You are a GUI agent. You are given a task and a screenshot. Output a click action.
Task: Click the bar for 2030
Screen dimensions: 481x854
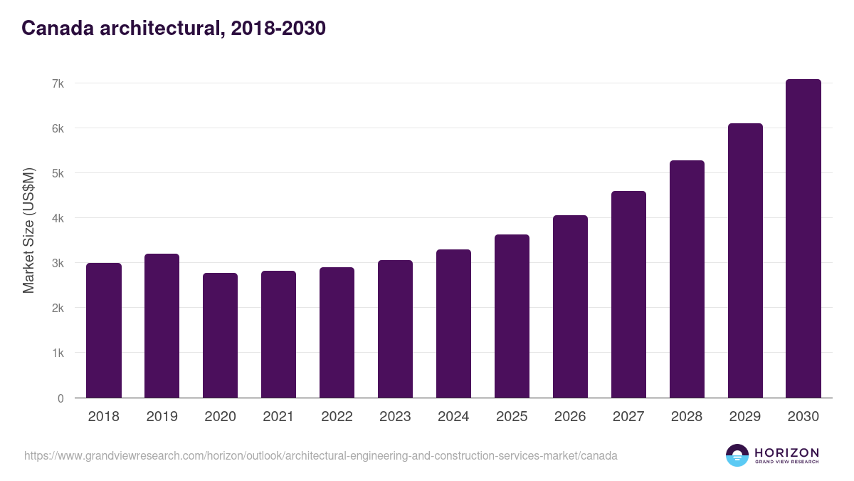point(803,239)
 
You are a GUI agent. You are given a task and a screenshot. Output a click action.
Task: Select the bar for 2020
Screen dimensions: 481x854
point(220,336)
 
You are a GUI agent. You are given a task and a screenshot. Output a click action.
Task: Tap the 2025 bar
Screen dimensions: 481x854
point(512,316)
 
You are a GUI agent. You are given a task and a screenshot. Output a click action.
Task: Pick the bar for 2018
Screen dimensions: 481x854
point(104,331)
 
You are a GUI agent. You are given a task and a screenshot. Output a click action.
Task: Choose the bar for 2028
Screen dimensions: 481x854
point(687,279)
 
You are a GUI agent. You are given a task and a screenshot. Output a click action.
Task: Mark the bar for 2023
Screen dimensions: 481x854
point(395,329)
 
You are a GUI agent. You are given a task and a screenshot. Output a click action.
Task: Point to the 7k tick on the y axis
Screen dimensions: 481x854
point(58,83)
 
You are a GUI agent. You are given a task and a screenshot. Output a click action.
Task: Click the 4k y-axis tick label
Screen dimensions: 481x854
point(58,218)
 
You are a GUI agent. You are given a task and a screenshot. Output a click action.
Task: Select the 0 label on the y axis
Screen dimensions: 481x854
point(60,398)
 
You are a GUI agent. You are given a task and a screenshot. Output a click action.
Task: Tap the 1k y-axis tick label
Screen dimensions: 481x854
point(58,353)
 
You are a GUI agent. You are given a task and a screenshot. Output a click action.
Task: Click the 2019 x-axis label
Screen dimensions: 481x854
point(162,417)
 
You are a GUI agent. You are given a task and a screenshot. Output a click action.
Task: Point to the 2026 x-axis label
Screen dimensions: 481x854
point(570,417)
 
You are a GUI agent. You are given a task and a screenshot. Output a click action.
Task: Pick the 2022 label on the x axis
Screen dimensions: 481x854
point(337,417)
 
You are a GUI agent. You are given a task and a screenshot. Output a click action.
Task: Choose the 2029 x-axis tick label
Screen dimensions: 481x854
point(745,417)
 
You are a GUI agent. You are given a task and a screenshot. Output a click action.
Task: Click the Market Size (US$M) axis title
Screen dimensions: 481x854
point(28,231)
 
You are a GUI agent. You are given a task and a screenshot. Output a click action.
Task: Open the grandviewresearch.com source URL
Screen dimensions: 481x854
point(320,455)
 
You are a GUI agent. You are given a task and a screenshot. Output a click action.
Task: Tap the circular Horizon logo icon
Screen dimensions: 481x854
point(737,455)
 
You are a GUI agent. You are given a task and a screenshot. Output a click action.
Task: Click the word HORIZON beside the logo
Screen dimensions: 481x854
point(786,452)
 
